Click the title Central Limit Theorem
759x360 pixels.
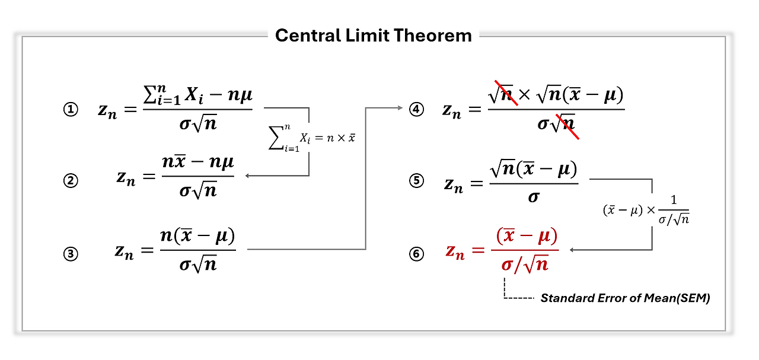pos(374,36)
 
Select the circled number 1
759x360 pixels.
pos(71,110)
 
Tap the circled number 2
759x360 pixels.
pos(71,181)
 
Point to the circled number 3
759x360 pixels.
pos(71,254)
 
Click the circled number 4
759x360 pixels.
pos(417,110)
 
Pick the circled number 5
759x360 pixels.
pos(417,181)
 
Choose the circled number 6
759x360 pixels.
pos(417,254)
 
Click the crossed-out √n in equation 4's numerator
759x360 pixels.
pos(502,95)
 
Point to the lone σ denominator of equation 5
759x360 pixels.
pos(533,197)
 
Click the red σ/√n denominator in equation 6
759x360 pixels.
pos(525,265)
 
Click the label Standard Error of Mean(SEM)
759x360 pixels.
pos(624,298)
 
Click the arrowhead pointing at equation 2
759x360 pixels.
pos(248,176)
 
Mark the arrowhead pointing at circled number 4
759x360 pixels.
pos(403,108)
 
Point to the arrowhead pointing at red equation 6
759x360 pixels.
pos(573,250)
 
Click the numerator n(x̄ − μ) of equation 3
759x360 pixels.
pos(197,237)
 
